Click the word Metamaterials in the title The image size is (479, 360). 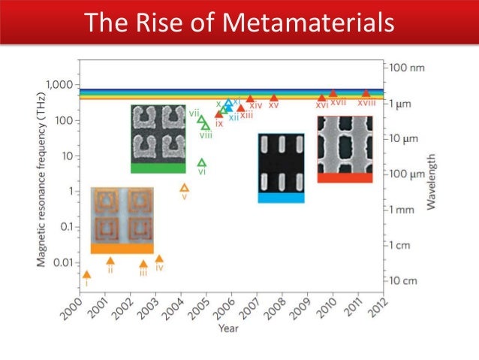pos(307,23)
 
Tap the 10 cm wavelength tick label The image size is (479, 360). pos(408,280)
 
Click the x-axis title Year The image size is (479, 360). pos(229,328)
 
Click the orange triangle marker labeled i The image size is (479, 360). pos(87,275)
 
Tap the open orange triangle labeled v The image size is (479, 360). pos(184,188)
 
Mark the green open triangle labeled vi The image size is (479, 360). pos(201,162)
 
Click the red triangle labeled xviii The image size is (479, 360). pos(366,93)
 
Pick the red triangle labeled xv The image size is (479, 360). pos(273,98)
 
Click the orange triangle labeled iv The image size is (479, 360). pos(159,259)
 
